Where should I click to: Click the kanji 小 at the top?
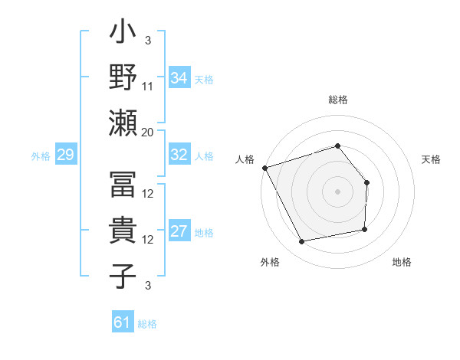(x=123, y=35)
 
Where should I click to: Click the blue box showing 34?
(x=179, y=77)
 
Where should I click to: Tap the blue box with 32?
(x=179, y=155)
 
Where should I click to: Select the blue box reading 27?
(x=179, y=232)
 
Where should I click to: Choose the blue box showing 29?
(x=65, y=155)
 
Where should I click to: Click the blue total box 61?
(x=122, y=322)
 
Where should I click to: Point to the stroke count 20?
(x=148, y=132)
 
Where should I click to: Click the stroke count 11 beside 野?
(x=148, y=86)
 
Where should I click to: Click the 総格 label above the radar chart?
(x=337, y=100)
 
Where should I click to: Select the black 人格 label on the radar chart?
(x=245, y=159)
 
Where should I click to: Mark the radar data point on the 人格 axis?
(x=264, y=167)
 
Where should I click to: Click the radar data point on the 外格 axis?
(x=302, y=241)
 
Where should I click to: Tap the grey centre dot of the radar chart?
(x=337, y=191)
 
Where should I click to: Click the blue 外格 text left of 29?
(x=41, y=156)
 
